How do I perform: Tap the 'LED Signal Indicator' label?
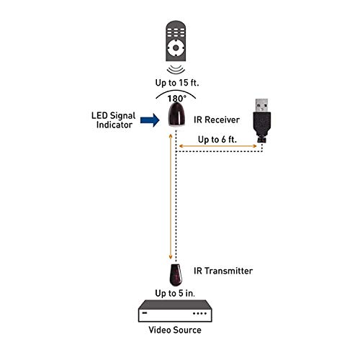click(x=111, y=120)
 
